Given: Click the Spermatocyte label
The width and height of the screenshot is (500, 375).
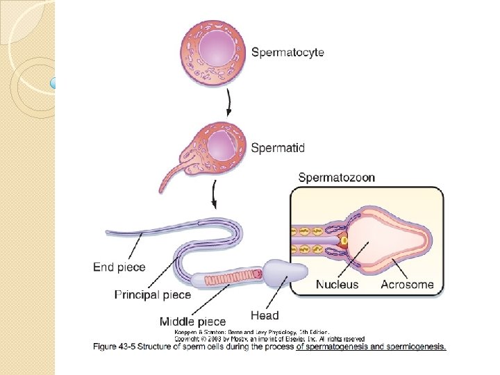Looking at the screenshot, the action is [287, 52].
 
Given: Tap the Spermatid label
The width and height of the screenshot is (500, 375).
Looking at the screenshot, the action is [277, 147].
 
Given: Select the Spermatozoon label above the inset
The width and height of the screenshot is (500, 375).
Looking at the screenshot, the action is [336, 177].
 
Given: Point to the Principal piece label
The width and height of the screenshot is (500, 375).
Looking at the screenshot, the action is [152, 294].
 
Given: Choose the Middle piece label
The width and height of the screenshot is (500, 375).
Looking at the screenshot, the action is [192, 321].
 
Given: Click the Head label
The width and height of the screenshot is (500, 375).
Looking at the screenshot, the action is [265, 315].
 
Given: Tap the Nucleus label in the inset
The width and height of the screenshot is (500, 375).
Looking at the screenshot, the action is [337, 284].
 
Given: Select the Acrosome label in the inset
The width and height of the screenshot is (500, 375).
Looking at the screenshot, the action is [407, 284].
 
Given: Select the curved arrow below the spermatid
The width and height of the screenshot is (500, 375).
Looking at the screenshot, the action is [215, 195].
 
